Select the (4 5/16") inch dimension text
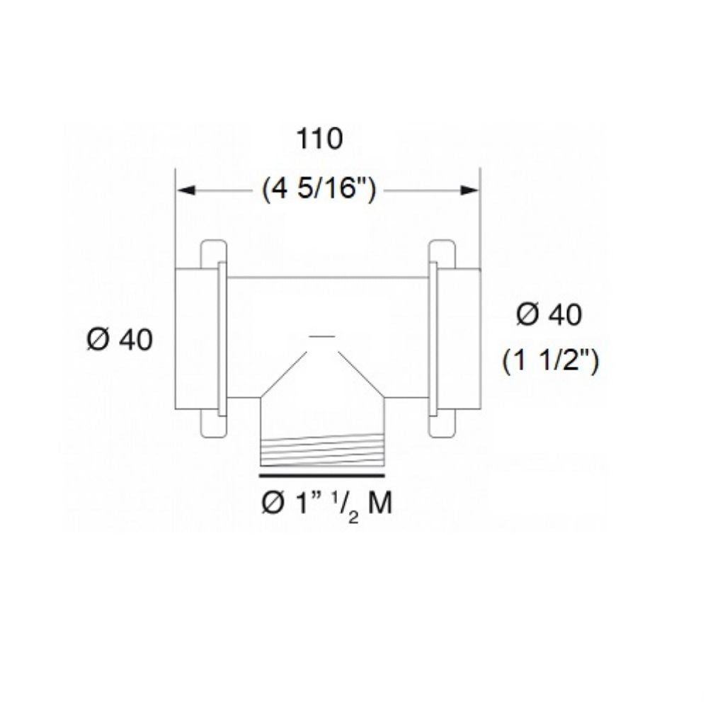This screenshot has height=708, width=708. [318, 190]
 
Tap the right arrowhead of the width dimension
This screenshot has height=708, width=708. [470, 190]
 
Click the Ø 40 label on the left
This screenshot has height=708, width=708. [120, 340]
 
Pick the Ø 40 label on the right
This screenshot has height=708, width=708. [549, 315]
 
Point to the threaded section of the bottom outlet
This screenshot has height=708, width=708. [323, 450]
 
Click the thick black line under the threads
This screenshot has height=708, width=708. [323, 467]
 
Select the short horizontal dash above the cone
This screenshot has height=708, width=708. [322, 335]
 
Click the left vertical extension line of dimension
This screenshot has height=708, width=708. [175, 219]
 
